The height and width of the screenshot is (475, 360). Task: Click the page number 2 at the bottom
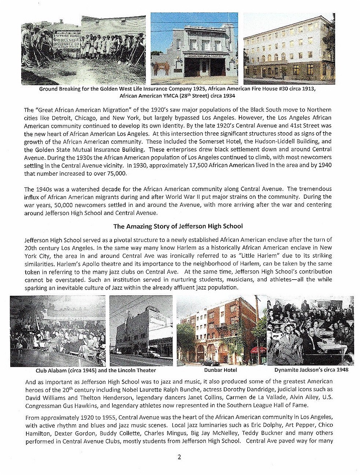(x=179, y=457)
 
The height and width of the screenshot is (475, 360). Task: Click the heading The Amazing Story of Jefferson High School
(x=178, y=226)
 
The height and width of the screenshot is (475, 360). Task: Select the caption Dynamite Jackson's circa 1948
(x=311, y=370)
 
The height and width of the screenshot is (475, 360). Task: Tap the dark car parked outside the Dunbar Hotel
(x=210, y=362)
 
